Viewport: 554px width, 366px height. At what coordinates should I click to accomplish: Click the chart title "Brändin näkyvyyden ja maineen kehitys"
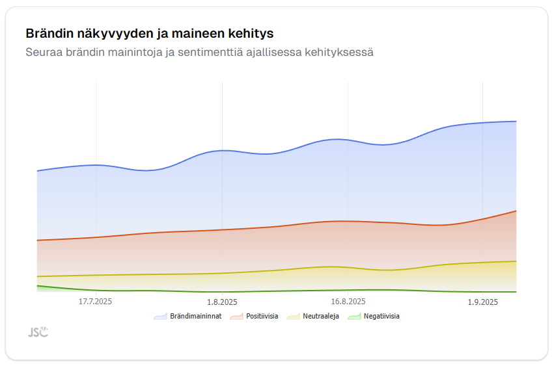(x=149, y=33)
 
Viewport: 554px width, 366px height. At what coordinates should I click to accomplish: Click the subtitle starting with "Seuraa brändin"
(x=199, y=52)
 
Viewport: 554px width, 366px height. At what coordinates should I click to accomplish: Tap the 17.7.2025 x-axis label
(x=96, y=302)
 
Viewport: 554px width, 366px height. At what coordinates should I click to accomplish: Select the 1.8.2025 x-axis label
(x=222, y=302)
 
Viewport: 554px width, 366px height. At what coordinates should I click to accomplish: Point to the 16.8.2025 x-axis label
(x=348, y=302)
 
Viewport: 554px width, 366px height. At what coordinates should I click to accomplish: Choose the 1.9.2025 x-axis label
(x=483, y=302)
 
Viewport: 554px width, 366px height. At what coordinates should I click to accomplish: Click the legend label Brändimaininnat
(x=195, y=317)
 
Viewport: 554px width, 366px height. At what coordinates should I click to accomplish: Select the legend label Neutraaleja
(x=321, y=317)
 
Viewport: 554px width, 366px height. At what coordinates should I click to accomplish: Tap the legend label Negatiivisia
(x=381, y=317)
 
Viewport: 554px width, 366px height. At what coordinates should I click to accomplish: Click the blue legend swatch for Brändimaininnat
(x=160, y=317)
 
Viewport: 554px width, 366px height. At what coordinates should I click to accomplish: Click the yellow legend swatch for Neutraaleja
(x=293, y=317)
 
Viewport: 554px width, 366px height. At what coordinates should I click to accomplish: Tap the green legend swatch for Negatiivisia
(x=353, y=317)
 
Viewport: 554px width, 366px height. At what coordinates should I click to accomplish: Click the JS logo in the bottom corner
(x=38, y=332)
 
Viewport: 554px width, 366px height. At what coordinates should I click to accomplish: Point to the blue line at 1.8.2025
(x=222, y=150)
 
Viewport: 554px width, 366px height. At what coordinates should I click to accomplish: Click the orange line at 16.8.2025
(x=348, y=221)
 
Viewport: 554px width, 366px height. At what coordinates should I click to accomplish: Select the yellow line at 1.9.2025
(x=483, y=263)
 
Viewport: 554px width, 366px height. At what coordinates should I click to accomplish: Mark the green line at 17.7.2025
(x=96, y=290)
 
